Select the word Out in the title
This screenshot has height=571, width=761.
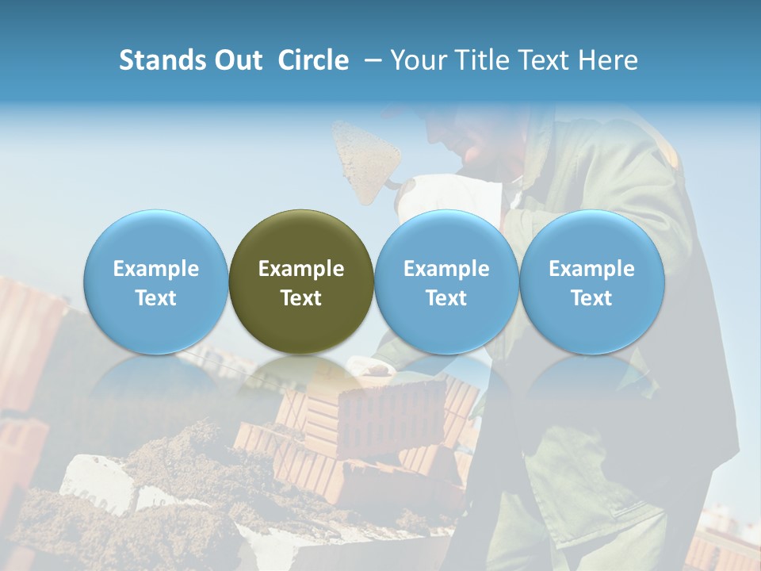(x=238, y=60)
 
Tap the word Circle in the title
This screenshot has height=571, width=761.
(x=313, y=60)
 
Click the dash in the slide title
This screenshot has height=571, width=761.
(x=371, y=60)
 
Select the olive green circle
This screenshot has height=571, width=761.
(x=301, y=238)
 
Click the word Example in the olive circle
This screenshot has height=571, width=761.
(x=301, y=269)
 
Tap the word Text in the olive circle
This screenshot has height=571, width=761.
(x=301, y=298)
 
